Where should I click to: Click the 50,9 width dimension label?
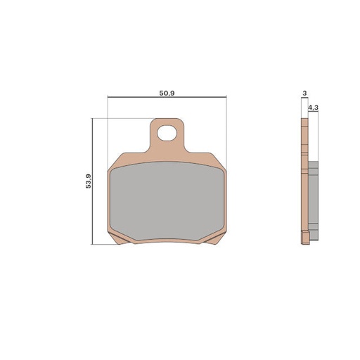click(x=167, y=91)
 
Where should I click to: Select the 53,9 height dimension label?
click(x=87, y=181)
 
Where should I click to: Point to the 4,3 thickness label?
click(x=313, y=107)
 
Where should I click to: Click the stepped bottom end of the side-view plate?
click(x=304, y=239)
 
